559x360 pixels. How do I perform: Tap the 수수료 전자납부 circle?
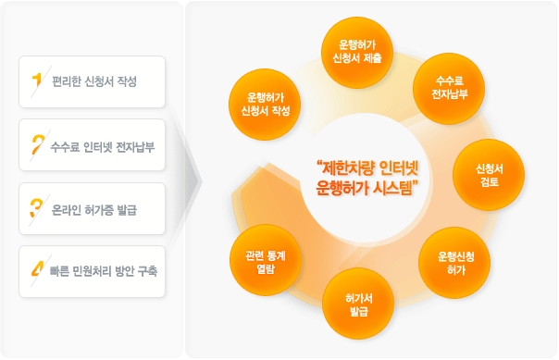[450, 88]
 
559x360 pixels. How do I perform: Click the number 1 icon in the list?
[37, 81]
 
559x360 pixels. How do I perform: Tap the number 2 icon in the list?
[38, 144]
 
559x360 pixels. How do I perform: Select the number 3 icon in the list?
[38, 208]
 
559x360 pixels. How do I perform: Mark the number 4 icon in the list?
[38, 271]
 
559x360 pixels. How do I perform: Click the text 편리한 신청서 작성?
[94, 82]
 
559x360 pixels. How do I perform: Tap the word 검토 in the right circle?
[488, 182]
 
